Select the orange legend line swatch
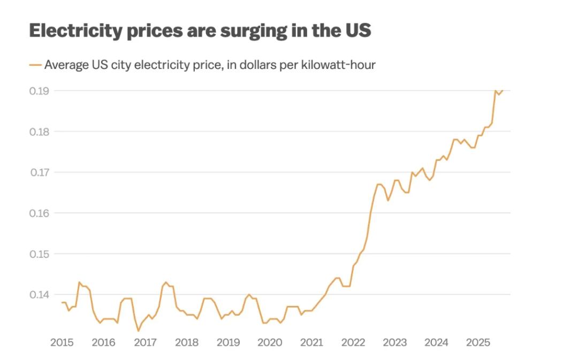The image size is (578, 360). click(x=35, y=65)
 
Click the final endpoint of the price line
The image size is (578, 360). click(x=503, y=90)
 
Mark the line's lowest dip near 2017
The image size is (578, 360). click(x=138, y=331)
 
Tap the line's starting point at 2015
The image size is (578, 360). click(x=62, y=303)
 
